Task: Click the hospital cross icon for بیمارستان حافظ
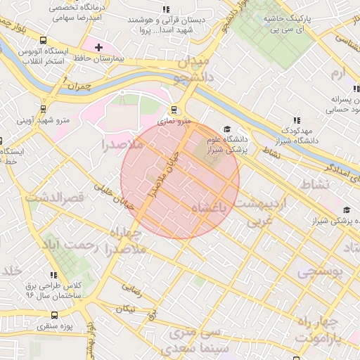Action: point(98,46)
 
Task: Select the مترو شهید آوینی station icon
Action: point(44,109)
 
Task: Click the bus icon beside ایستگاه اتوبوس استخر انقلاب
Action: point(44,40)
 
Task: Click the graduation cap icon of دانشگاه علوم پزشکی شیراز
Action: point(226,129)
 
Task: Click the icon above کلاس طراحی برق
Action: point(53,275)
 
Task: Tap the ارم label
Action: point(338,73)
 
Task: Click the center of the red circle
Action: point(180,180)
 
